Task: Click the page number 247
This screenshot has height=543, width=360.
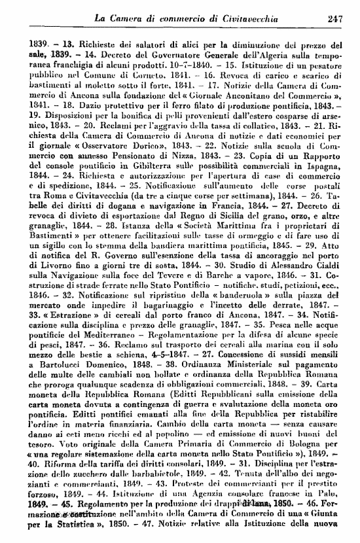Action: (335, 19)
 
